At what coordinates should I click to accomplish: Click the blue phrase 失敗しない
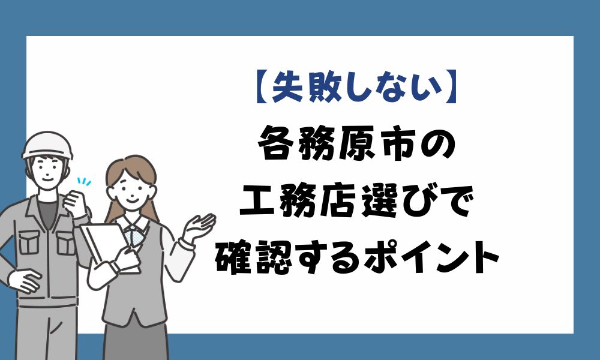tap(357, 88)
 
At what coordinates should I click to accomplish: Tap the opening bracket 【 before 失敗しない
tap(263, 88)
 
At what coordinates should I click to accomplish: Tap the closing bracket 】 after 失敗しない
tap(451, 88)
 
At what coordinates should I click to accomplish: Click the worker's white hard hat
tap(47, 145)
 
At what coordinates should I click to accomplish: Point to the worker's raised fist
tap(76, 203)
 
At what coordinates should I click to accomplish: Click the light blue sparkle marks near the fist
tap(84, 181)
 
